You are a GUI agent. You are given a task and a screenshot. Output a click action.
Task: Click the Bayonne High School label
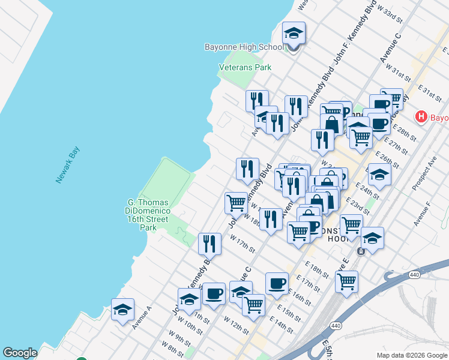244,47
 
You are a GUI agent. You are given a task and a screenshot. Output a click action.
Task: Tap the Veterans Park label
245,68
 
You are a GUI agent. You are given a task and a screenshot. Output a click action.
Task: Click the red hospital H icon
421,117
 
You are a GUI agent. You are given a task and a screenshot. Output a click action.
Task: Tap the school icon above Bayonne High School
294,34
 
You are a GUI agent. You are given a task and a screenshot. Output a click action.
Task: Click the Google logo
20,353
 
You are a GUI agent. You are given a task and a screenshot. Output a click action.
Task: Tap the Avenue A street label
142,318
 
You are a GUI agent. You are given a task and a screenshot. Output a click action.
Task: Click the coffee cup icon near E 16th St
277,284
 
